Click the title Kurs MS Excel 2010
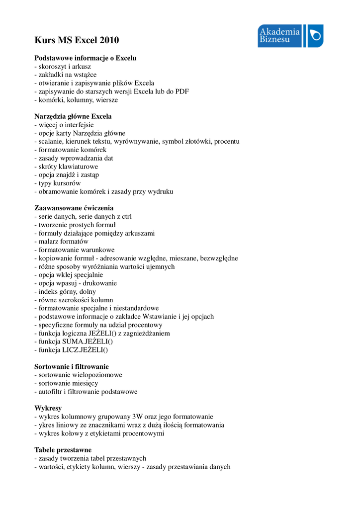[77, 40]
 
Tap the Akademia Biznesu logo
[290, 36]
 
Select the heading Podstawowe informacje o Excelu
[85, 58]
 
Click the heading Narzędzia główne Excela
[73, 116]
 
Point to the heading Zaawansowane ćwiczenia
[74, 208]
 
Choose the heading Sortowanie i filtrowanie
[72, 366]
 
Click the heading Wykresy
[48, 408]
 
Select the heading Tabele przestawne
[63, 450]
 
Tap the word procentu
[227, 141]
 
